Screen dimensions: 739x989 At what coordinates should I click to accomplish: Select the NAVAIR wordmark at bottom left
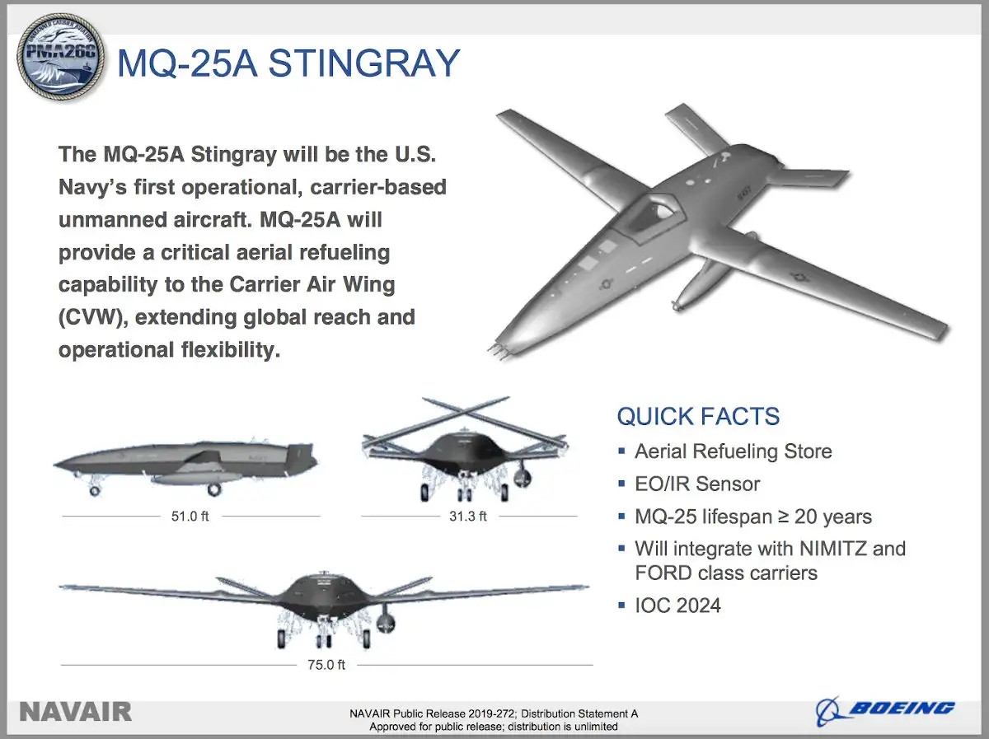(x=75, y=712)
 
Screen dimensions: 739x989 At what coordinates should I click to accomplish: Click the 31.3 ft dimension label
(x=468, y=517)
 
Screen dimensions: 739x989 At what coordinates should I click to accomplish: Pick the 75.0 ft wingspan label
(x=326, y=665)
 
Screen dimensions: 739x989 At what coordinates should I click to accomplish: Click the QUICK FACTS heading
(x=698, y=416)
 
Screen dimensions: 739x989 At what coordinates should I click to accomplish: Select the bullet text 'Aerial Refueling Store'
(x=733, y=451)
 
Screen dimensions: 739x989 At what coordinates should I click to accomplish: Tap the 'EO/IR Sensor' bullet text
(x=696, y=484)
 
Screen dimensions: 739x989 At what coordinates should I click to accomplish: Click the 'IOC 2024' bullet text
(x=677, y=606)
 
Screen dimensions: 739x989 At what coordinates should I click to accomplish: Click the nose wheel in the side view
(x=95, y=490)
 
